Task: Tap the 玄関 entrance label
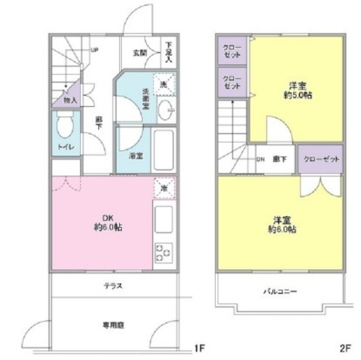pyautogui.click(x=140, y=53)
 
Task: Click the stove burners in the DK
pyautogui.click(x=164, y=253)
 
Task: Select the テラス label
pyautogui.click(x=113, y=286)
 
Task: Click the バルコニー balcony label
pyautogui.click(x=280, y=292)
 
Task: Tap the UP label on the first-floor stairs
pyautogui.click(x=94, y=50)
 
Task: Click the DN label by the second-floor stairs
pyautogui.click(x=261, y=159)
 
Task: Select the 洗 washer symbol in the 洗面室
pyautogui.click(x=164, y=85)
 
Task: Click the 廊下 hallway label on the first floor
pyautogui.click(x=98, y=124)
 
